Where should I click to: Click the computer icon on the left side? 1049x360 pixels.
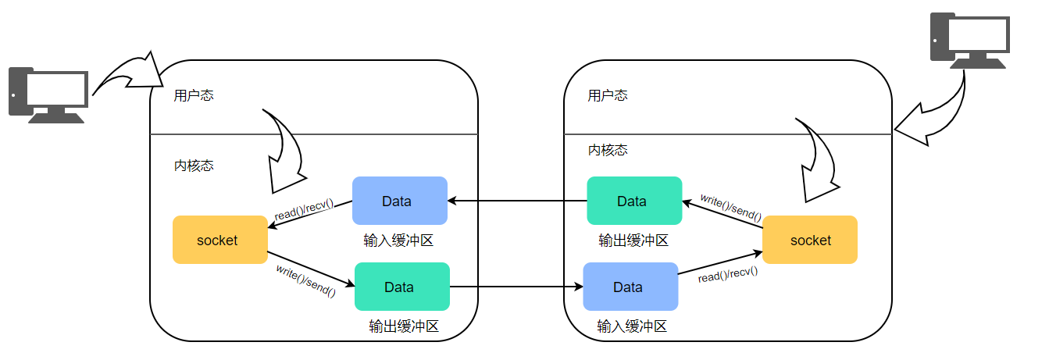point(47,94)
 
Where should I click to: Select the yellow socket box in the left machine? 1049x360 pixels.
point(219,240)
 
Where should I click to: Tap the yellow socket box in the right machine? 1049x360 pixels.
point(810,240)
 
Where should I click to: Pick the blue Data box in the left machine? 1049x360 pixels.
point(399,201)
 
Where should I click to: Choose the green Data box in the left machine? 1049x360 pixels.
point(401,287)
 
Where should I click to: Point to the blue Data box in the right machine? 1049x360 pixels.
point(630,287)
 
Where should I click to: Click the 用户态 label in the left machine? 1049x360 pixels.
point(194,95)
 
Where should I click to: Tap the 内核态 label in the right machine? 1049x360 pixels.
point(608,150)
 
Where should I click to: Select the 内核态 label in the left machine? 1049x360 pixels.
point(194,166)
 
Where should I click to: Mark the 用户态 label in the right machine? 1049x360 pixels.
point(608,95)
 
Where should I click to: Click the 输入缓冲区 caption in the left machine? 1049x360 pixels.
point(398,241)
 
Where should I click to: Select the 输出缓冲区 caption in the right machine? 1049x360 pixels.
point(633,241)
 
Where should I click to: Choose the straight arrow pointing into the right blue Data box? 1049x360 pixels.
point(516,287)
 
